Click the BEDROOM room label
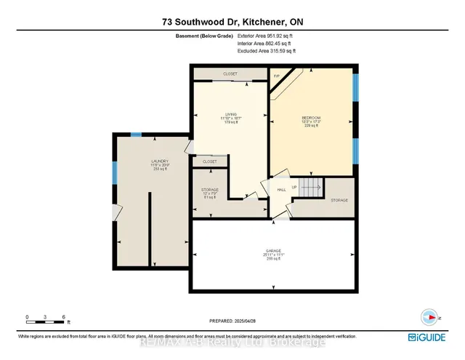[x=311, y=118]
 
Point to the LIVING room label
[x=231, y=113]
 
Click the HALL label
[x=281, y=191]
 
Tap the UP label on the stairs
[x=295, y=186]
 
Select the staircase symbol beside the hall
[x=310, y=188]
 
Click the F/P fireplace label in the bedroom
[x=277, y=76]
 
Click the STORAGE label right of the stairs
[x=339, y=200]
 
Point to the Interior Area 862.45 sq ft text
[x=267, y=43]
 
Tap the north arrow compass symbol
[x=430, y=317]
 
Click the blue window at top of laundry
[x=136, y=135]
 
